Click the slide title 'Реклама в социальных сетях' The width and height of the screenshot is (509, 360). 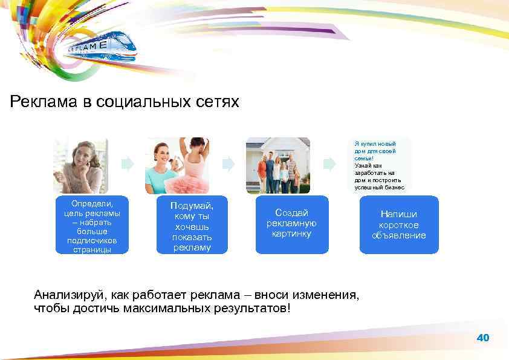click(125, 101)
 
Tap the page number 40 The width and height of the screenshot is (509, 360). click(483, 338)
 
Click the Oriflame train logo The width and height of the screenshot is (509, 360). click(100, 47)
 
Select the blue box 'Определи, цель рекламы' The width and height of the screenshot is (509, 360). click(92, 224)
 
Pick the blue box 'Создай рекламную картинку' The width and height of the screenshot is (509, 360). click(291, 223)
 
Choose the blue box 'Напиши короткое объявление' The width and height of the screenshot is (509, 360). click(398, 224)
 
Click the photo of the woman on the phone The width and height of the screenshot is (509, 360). click(80, 165)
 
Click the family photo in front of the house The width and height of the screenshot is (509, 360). click(278, 165)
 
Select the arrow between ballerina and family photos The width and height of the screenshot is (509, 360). click(228, 164)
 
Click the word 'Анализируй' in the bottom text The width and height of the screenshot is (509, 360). click(68, 295)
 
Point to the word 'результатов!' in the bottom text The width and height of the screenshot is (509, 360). click(253, 309)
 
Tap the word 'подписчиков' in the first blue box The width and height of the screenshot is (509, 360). click(92, 241)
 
